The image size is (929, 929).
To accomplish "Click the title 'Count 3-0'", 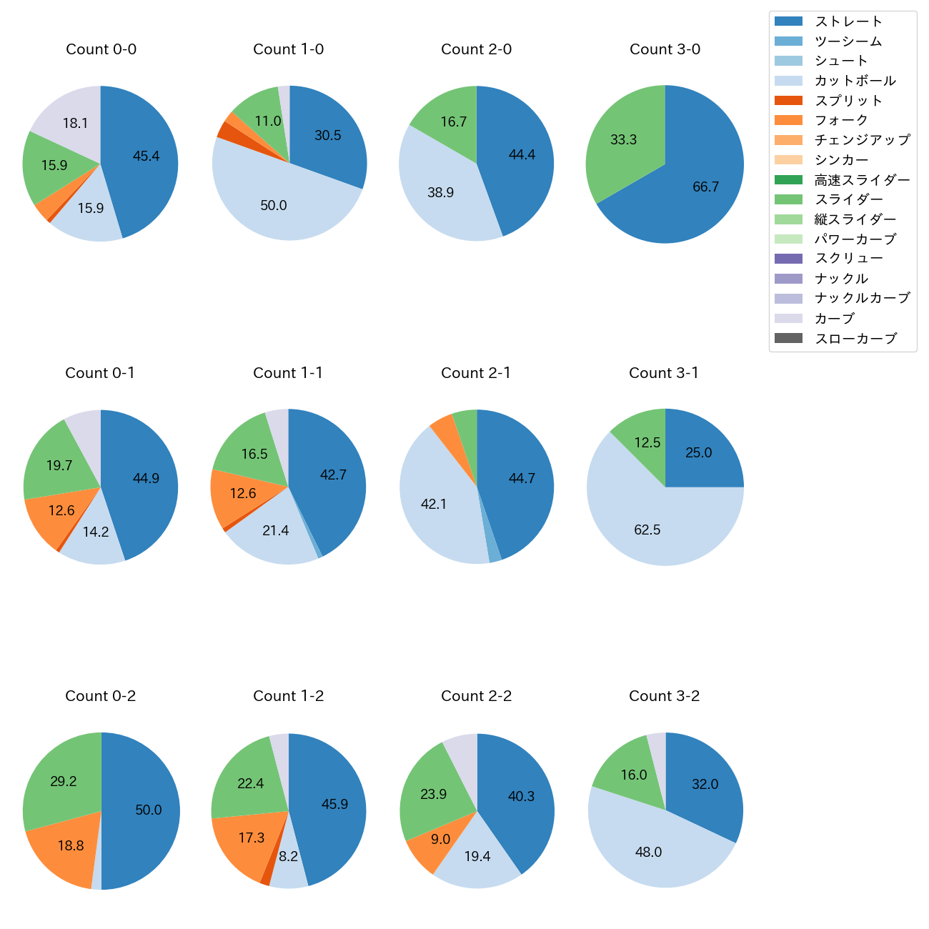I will click(x=665, y=49).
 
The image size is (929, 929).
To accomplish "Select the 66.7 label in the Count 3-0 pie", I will click(x=705, y=187).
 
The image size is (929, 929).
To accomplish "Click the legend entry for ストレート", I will click(x=848, y=21).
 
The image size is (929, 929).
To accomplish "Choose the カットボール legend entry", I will click(x=855, y=81).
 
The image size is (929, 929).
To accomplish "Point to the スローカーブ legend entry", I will click(x=855, y=339).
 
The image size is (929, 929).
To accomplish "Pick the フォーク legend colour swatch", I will click(x=788, y=120).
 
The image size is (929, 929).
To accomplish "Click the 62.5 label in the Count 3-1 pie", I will click(x=647, y=530).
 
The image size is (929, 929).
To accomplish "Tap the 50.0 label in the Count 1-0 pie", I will click(x=273, y=206).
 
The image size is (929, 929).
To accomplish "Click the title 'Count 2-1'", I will click(x=476, y=373).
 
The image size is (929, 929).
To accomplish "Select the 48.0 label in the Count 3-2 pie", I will click(x=648, y=852).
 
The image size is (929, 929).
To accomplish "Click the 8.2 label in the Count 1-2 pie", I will click(x=288, y=856).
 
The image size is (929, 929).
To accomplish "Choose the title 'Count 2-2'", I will click(x=476, y=696).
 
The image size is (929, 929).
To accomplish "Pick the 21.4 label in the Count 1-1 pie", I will click(x=275, y=531).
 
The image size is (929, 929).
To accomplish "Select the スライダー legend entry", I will click(x=848, y=199).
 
